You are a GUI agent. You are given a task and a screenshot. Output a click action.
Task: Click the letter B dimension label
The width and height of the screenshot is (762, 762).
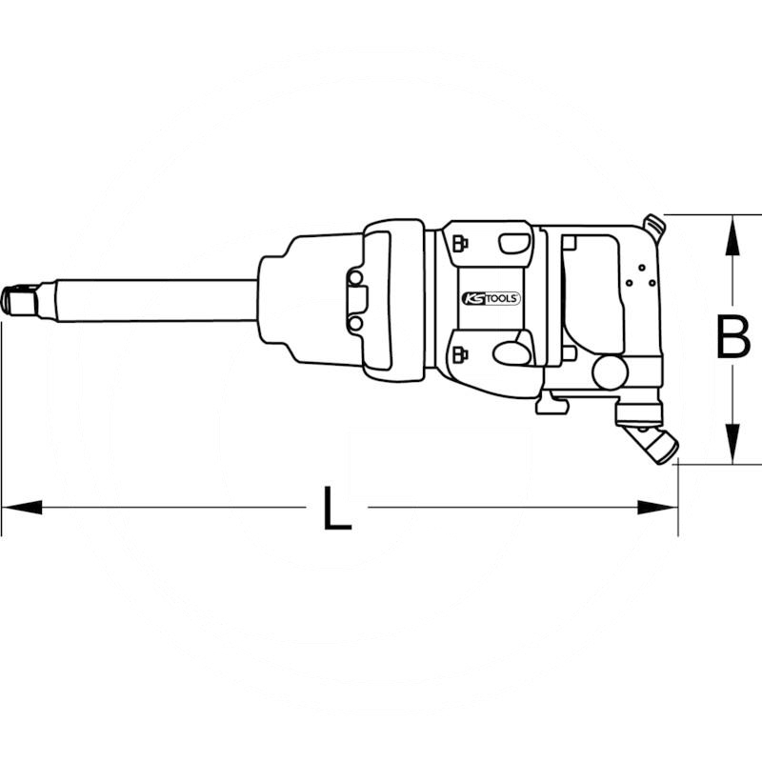[x=732, y=339]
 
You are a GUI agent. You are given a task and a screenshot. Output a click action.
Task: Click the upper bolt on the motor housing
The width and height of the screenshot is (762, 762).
[x=460, y=240]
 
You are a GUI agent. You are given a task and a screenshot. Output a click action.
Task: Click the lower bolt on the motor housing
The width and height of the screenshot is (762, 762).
[x=460, y=356]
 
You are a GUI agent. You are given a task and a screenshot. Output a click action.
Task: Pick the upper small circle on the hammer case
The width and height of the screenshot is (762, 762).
[x=355, y=277]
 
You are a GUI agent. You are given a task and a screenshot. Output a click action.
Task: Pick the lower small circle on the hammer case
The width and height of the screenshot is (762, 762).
[x=355, y=323]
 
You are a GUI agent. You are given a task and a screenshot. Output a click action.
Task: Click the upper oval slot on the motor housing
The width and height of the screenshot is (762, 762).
[x=515, y=244]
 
